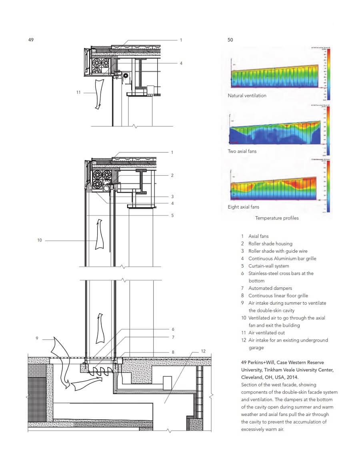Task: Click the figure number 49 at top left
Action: coord(31,40)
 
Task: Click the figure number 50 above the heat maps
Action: coord(230,40)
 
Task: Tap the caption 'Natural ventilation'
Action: coord(247,96)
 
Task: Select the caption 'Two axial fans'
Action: coord(242,151)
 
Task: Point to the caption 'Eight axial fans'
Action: coord(243,207)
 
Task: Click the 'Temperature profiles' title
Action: coord(277,218)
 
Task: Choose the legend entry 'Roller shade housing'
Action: coord(270,244)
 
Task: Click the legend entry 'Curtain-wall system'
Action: coord(268,266)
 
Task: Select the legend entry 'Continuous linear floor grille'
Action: coord(278,296)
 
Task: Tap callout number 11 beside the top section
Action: coord(78,92)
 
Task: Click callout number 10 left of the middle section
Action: coord(39,241)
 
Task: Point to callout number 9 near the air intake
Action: coord(37,338)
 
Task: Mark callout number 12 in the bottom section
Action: coord(203,351)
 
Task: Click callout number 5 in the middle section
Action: coord(172,215)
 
